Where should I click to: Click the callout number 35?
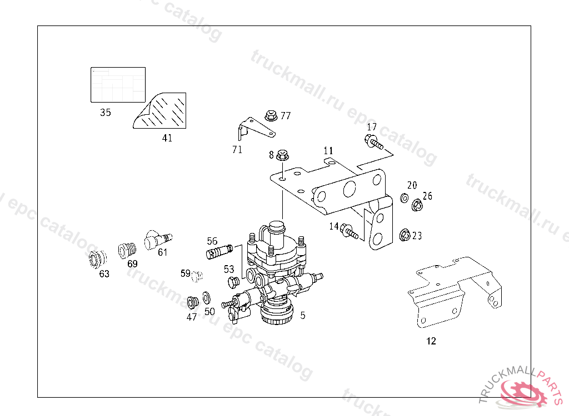[106, 113]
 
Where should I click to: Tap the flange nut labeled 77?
[271, 116]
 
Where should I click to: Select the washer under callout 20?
[404, 198]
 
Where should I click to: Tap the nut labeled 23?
[405, 236]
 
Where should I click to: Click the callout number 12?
[431, 341]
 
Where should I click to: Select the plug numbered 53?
[233, 282]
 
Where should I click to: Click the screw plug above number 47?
[193, 302]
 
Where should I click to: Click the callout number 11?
[328, 150]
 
